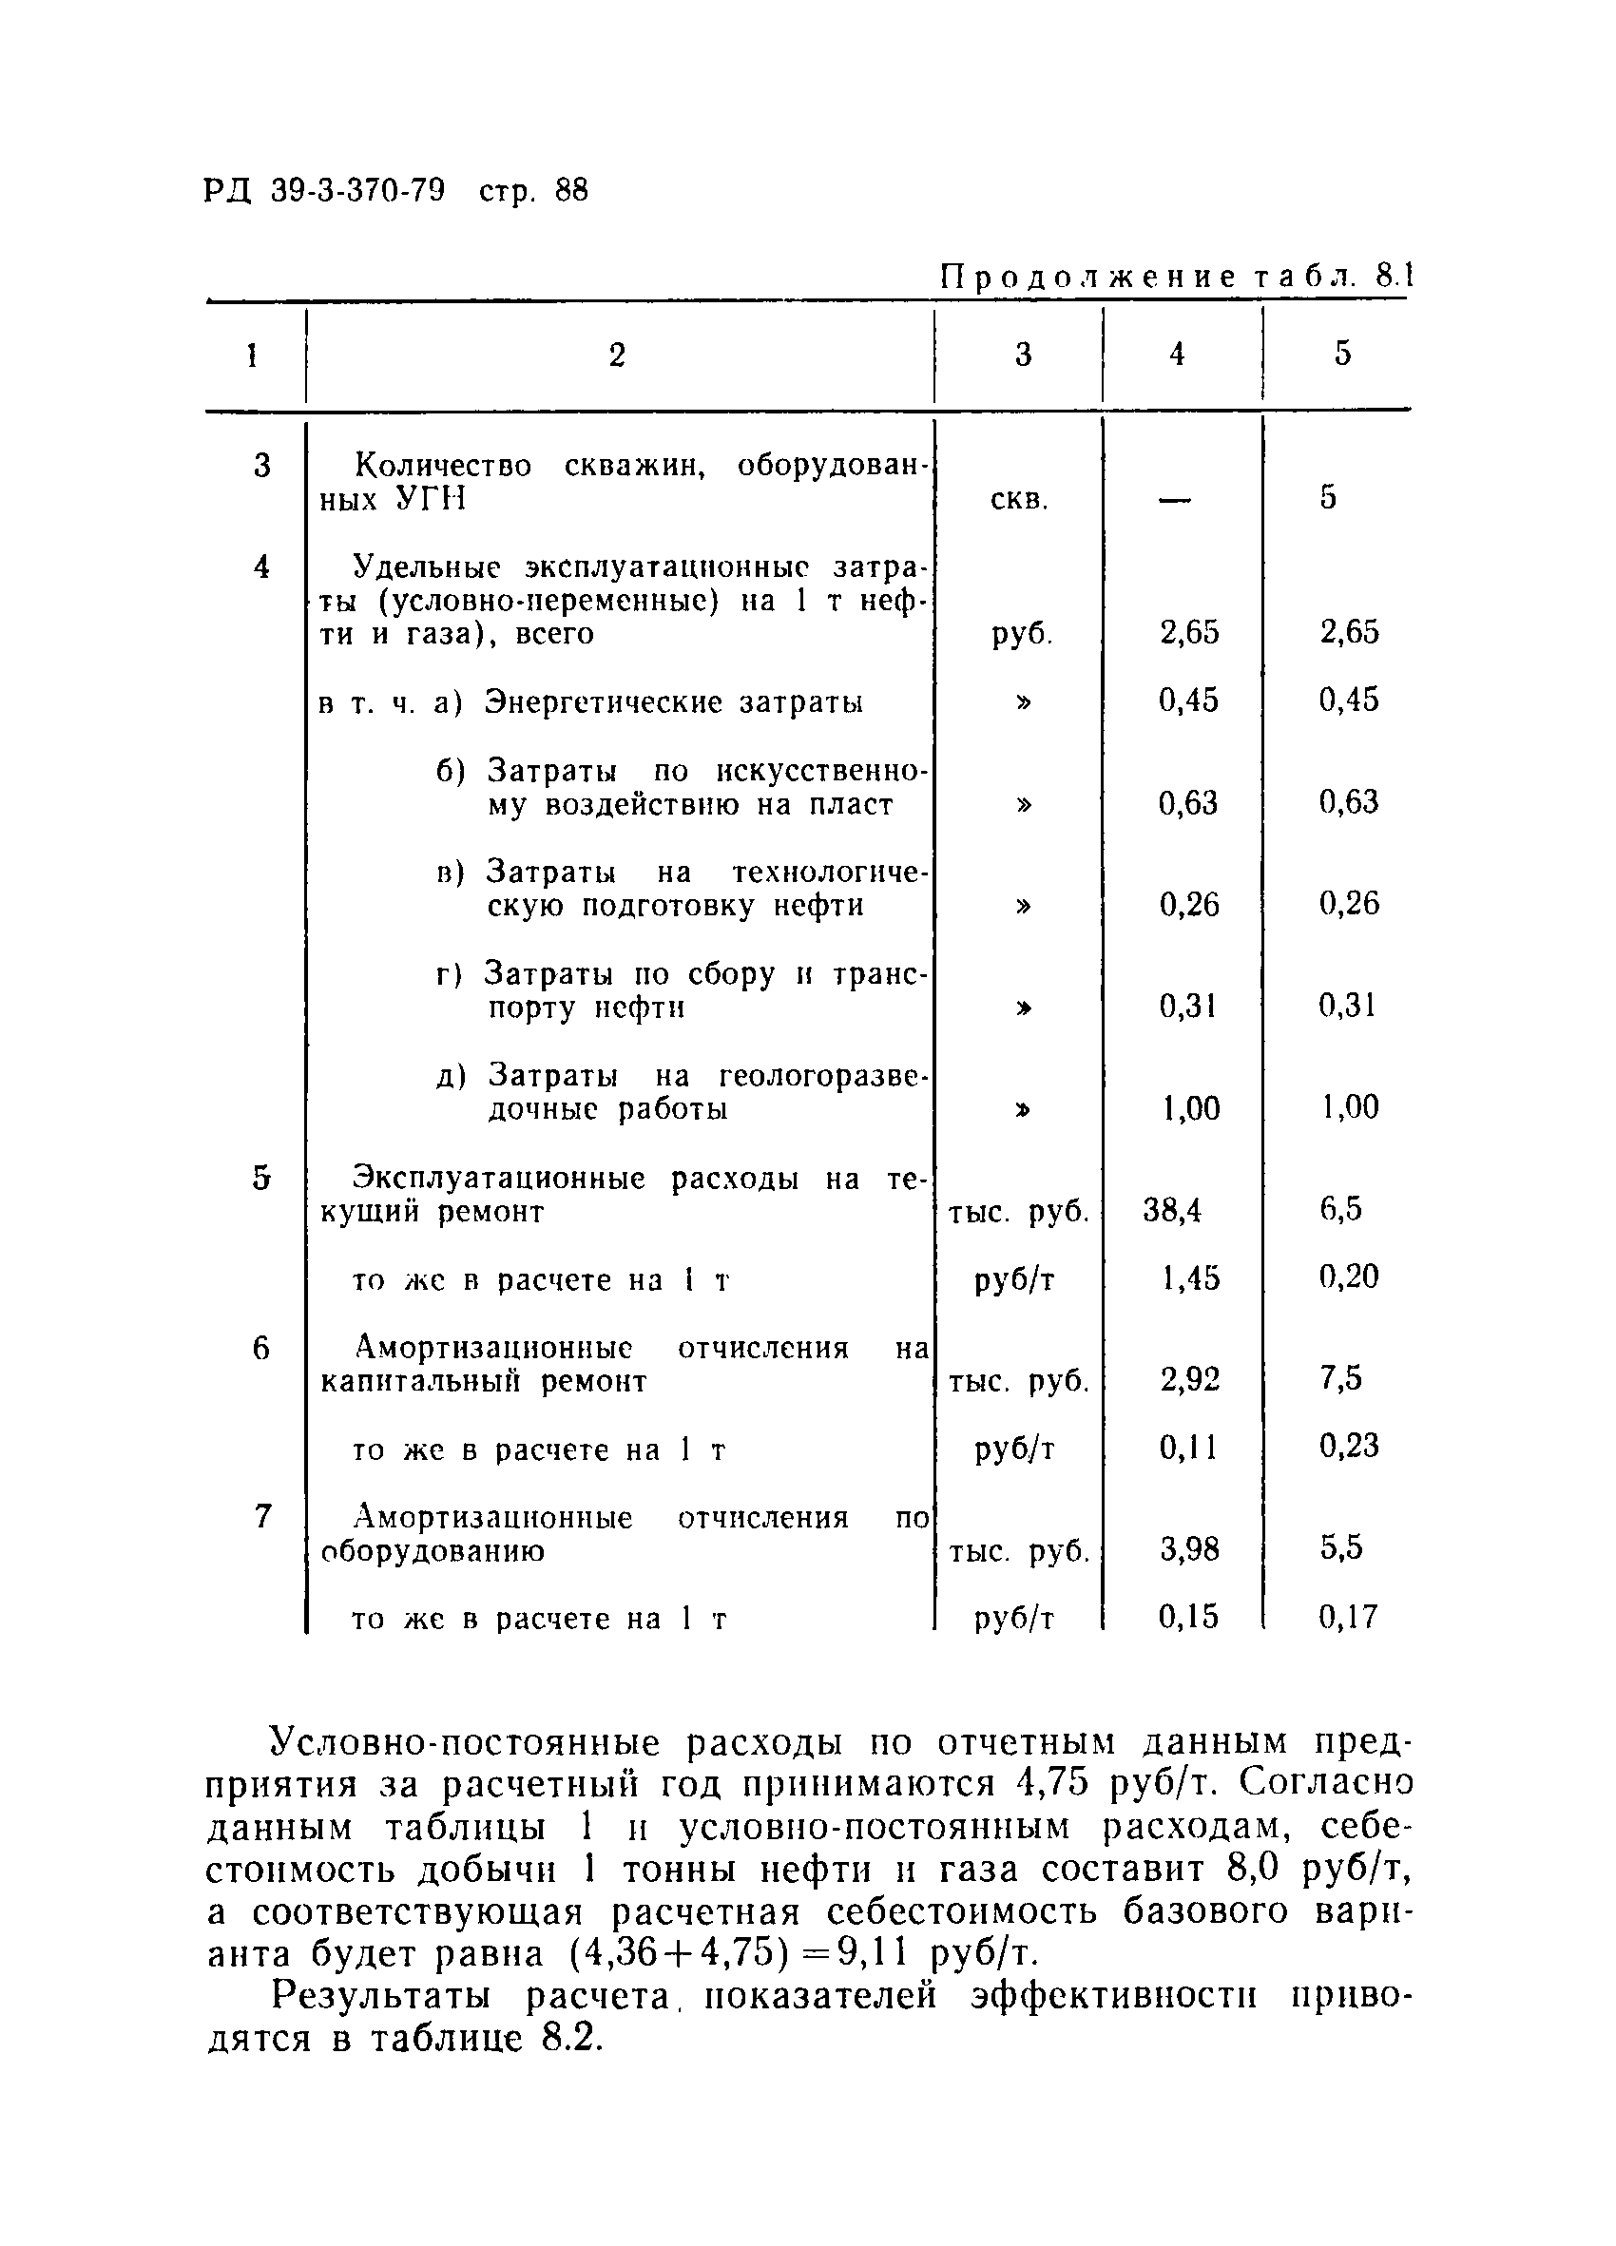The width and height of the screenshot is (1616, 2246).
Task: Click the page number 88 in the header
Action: click(x=571, y=190)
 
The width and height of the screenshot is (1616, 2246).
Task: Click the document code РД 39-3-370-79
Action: click(x=324, y=190)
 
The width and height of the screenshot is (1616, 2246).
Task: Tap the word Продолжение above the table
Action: click(x=1088, y=278)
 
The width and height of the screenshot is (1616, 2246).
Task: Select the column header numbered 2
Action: click(x=617, y=355)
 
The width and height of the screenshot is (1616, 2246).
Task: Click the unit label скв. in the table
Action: click(x=1019, y=499)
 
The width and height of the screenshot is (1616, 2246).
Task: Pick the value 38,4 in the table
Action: click(x=1172, y=1210)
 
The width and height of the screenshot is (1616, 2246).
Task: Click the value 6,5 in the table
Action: click(x=1340, y=1208)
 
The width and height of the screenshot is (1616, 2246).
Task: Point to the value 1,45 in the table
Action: click(x=1190, y=1278)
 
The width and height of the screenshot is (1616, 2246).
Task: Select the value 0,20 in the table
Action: click(x=1349, y=1277)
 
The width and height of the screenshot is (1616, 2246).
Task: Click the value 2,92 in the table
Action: click(x=1190, y=1379)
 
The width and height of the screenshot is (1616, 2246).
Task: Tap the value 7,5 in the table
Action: click(x=1340, y=1377)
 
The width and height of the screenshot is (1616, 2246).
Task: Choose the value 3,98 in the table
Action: click(x=1190, y=1549)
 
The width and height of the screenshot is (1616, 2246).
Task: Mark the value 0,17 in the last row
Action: click(x=1349, y=1617)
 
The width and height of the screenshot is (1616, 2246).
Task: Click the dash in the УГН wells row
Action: click(x=1174, y=500)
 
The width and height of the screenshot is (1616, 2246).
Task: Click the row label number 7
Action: click(x=261, y=1516)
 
